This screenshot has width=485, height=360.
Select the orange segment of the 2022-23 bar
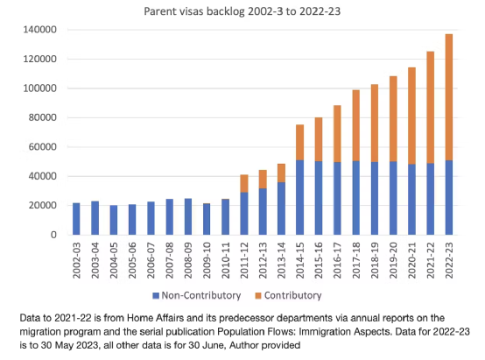449,97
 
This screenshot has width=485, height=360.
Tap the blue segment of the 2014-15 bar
299,197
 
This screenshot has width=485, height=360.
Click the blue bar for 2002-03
76,219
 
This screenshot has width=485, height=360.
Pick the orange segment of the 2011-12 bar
244,184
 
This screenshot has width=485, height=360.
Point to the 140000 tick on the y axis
40,30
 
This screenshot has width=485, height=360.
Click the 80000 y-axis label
43,117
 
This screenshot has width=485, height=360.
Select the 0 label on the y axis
53,235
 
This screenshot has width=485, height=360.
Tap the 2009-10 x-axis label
207,260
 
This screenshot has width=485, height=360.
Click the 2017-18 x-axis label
355,260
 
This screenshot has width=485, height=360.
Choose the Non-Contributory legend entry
197,295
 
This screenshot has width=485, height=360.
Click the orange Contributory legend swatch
258,295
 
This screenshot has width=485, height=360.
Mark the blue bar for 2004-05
114,220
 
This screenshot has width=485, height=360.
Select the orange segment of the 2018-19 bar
375,124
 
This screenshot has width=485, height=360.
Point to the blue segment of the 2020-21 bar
411,200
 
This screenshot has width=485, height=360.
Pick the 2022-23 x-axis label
449,260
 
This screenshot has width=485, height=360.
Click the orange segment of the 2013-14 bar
281,173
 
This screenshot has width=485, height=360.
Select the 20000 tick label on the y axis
43,206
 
